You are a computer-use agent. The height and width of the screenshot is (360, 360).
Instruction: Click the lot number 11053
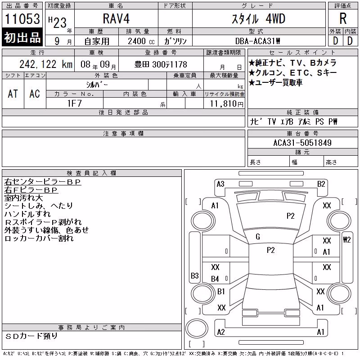(22, 19)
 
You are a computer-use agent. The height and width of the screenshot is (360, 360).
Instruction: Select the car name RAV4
(116, 18)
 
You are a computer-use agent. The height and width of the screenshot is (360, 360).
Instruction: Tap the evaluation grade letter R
(343, 18)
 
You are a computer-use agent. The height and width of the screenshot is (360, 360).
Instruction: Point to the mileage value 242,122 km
(46, 64)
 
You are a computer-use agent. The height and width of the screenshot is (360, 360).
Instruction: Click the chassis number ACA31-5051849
(302, 143)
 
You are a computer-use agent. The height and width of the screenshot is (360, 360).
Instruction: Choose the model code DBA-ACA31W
(257, 41)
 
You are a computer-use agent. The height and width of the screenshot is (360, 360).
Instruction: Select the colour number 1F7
(74, 103)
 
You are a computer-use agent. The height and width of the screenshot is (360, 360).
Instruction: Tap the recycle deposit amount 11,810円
(226, 104)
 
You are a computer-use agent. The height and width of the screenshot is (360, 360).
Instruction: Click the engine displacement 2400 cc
(141, 41)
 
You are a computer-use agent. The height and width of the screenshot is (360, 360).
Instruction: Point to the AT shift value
(13, 94)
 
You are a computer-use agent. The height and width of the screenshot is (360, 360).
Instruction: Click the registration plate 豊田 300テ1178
(161, 64)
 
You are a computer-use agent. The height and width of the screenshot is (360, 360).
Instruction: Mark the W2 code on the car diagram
(346, 240)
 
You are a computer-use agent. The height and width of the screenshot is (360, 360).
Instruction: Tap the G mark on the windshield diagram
(258, 237)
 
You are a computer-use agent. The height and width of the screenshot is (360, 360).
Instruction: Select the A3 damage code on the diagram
(220, 184)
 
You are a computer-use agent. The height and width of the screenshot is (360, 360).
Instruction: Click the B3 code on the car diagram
(195, 275)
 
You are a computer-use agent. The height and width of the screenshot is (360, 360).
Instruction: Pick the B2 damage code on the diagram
(321, 184)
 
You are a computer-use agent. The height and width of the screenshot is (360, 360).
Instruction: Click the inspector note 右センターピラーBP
(43, 182)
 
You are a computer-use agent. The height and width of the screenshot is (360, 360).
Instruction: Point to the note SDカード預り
(31, 336)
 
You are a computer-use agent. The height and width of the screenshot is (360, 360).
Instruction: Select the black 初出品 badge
(22, 37)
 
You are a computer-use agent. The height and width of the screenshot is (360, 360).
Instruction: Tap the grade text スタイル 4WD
(258, 19)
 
